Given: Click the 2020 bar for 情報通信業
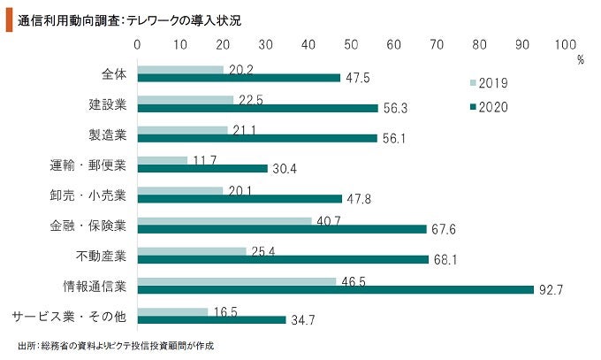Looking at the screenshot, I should click(x=336, y=288).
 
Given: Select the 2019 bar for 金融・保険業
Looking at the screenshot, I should click(x=225, y=219).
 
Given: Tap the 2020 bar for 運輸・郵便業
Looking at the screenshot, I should click(x=203, y=168).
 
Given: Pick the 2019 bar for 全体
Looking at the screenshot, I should click(x=181, y=68).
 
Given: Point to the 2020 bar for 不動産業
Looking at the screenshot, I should click(x=283, y=258).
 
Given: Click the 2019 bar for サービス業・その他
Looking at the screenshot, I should click(x=173, y=310).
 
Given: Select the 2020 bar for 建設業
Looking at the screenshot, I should click(x=258, y=108).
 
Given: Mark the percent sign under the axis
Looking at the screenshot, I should click(x=581, y=60).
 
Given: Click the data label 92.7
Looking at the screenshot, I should click(x=551, y=289).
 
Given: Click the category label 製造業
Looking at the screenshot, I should click(x=108, y=134).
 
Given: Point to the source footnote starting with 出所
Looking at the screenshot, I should click(x=116, y=345).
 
